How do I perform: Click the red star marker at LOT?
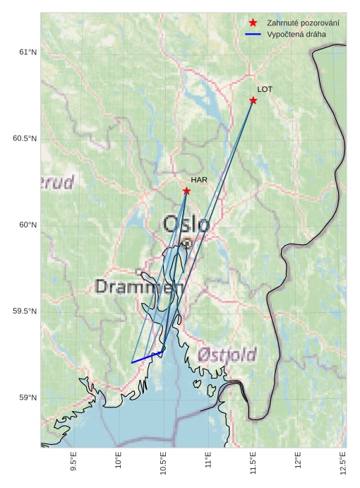coord(253,100)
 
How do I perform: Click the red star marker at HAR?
coord(186,191)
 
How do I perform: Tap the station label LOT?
coord(265,90)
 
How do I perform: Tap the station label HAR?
coord(199,180)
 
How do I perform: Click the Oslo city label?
coord(186,225)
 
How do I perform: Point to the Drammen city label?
coord(140,287)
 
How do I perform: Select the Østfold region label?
coord(227,355)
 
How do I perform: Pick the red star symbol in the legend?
coord(253,23)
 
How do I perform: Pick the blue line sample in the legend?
coord(253,35)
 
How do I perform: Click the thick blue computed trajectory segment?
coord(148,357)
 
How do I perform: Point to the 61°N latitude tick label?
coord(28,52)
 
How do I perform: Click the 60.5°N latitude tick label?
coord(25,138)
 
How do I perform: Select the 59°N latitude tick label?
coord(28,398)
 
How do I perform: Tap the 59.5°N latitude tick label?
coord(25,311)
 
